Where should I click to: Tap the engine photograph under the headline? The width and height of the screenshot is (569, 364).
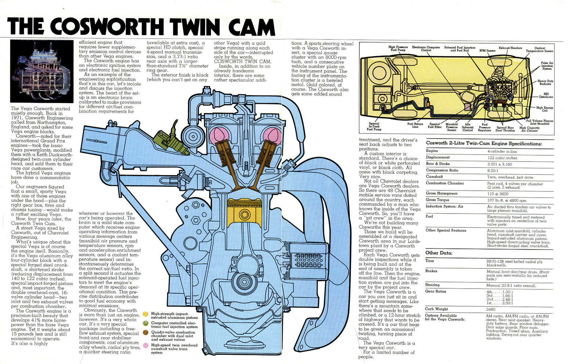41,71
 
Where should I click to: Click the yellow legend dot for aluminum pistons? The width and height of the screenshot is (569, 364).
146,314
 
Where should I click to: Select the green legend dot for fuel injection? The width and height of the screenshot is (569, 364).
146,324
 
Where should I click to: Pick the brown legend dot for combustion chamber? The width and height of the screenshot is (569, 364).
146,332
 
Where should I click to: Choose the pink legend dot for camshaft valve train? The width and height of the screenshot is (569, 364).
146,345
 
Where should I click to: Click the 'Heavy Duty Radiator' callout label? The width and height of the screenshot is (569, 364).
545,83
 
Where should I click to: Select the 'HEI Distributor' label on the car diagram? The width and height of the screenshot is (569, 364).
546,95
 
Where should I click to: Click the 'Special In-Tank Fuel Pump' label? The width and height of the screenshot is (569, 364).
374,127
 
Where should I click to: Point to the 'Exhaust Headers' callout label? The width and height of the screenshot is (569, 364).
510,48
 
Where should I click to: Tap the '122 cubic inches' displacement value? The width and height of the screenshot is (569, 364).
502,158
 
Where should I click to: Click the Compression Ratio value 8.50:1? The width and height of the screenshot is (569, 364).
493,171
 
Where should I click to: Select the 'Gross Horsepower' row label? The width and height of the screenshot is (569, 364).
442,193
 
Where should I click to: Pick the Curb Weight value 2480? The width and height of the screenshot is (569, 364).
491,309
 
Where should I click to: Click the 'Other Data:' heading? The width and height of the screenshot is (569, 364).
439,253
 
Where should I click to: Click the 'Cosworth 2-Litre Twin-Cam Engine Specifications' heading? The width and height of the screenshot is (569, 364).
484,143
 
